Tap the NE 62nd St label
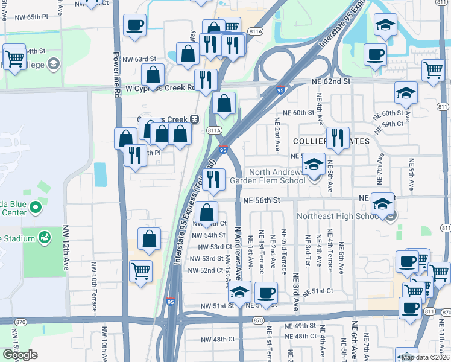tap(331, 81)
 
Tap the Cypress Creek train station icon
tap(195, 118)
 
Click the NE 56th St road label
tap(262, 200)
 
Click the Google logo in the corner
tap(20, 355)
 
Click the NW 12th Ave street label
tap(66, 248)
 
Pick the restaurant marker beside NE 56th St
tap(213, 179)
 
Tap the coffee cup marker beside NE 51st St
tap(266, 294)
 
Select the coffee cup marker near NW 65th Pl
tap(134, 26)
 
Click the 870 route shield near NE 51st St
tap(259, 320)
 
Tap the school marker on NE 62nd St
tap(406, 93)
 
